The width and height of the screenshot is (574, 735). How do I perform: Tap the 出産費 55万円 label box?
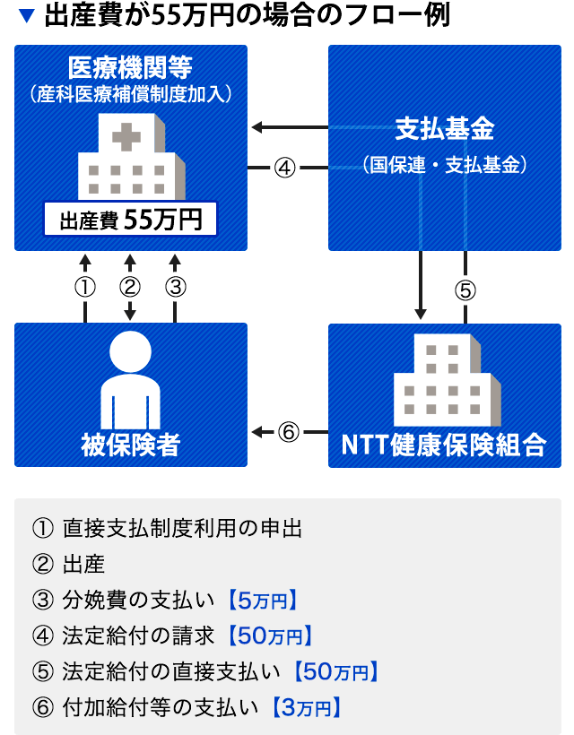coord(131,220)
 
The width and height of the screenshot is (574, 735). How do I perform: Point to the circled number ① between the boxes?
coord(85,288)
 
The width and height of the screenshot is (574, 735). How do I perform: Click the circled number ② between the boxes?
coord(131,288)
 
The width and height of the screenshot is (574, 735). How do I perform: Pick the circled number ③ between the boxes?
coord(176,288)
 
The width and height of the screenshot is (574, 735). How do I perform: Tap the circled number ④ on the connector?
coord(284,168)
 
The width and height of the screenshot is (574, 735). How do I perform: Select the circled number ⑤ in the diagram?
coord(465,290)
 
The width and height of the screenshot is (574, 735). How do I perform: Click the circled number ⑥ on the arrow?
coord(288,433)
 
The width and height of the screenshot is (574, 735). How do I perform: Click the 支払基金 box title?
coord(445,129)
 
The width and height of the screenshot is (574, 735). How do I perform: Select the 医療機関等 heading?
coord(131,65)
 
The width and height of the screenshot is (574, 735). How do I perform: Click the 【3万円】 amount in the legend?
coord(306,707)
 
